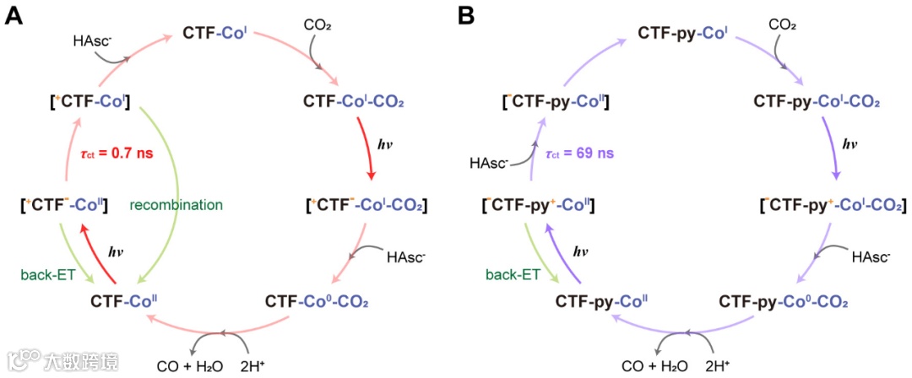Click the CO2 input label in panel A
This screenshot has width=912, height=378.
[317, 26]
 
